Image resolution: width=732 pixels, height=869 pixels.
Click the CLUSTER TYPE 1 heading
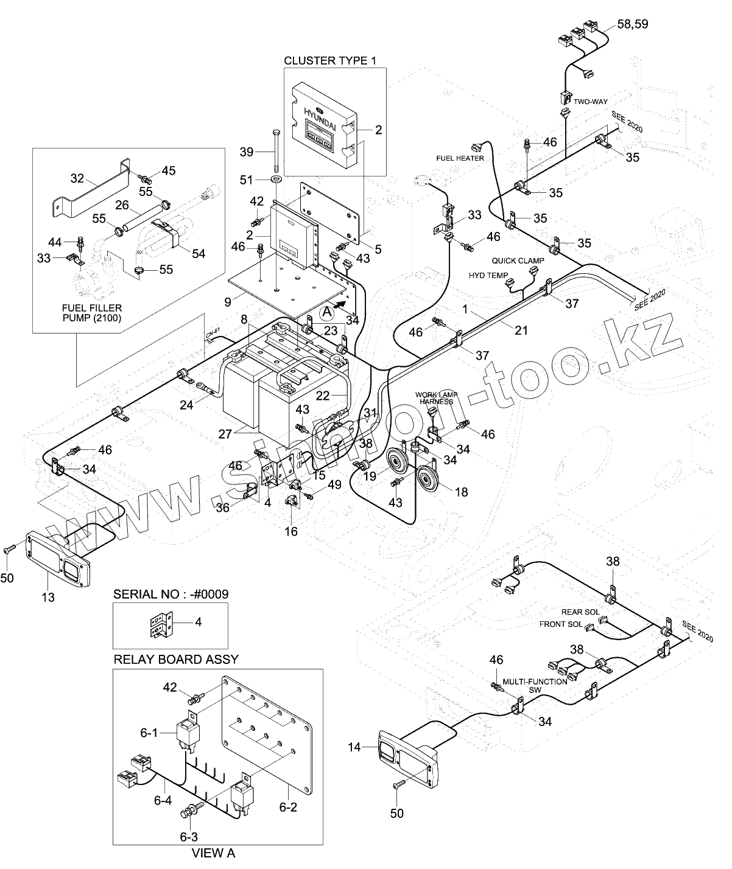pyautogui.click(x=330, y=60)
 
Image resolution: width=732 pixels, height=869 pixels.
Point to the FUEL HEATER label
pyautogui.click(x=460, y=158)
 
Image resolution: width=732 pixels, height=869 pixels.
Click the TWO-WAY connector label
pyautogui.click(x=591, y=102)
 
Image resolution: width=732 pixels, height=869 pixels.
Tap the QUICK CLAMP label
pyautogui.click(x=518, y=261)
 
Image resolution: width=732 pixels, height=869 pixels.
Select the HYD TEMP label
pyautogui.click(x=488, y=276)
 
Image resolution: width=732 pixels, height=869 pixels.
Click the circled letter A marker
pyautogui.click(x=327, y=312)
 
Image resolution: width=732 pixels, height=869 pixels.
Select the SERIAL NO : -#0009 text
pyautogui.click(x=171, y=594)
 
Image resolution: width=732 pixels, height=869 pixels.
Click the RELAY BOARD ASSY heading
pyautogui.click(x=175, y=659)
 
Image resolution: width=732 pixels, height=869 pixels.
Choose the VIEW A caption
pyautogui.click(x=213, y=853)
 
